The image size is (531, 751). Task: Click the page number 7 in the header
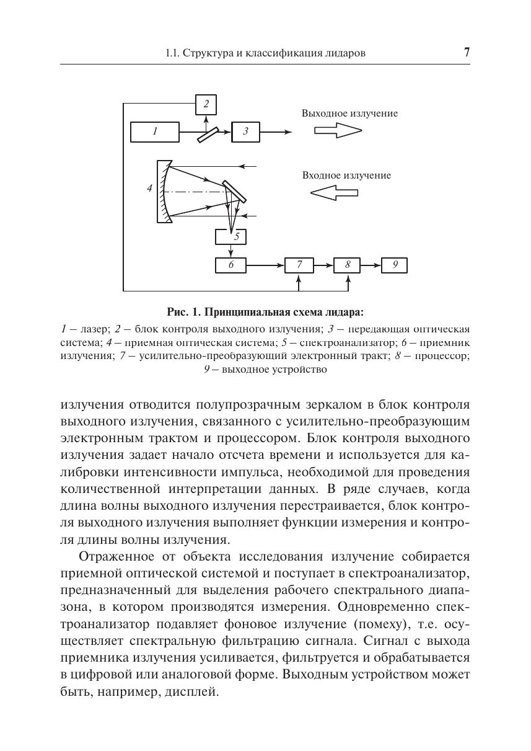click(x=466, y=52)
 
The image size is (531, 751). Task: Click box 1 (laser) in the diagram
click(x=154, y=131)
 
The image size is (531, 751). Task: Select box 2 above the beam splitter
click(x=206, y=104)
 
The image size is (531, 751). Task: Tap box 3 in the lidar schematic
click(x=245, y=131)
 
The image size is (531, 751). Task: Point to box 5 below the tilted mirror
click(x=231, y=237)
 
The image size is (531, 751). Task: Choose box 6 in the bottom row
click(x=230, y=265)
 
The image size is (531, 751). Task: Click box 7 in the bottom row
click(x=299, y=265)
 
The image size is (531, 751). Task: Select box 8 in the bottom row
click(x=348, y=265)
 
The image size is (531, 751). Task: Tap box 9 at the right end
click(x=394, y=265)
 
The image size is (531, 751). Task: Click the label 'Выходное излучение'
click(x=349, y=113)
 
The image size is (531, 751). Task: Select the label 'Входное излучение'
click(x=346, y=176)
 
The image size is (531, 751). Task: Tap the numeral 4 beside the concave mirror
click(x=149, y=188)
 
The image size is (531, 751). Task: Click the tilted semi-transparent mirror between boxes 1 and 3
click(x=208, y=135)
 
